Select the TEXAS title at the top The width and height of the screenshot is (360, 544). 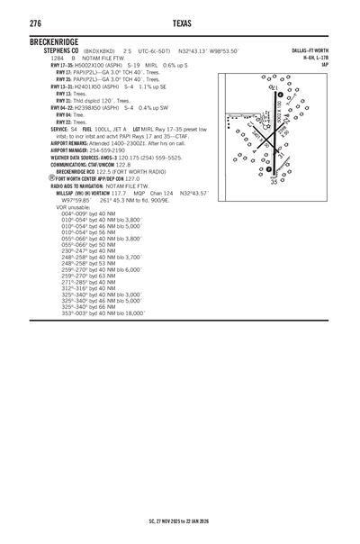179,17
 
